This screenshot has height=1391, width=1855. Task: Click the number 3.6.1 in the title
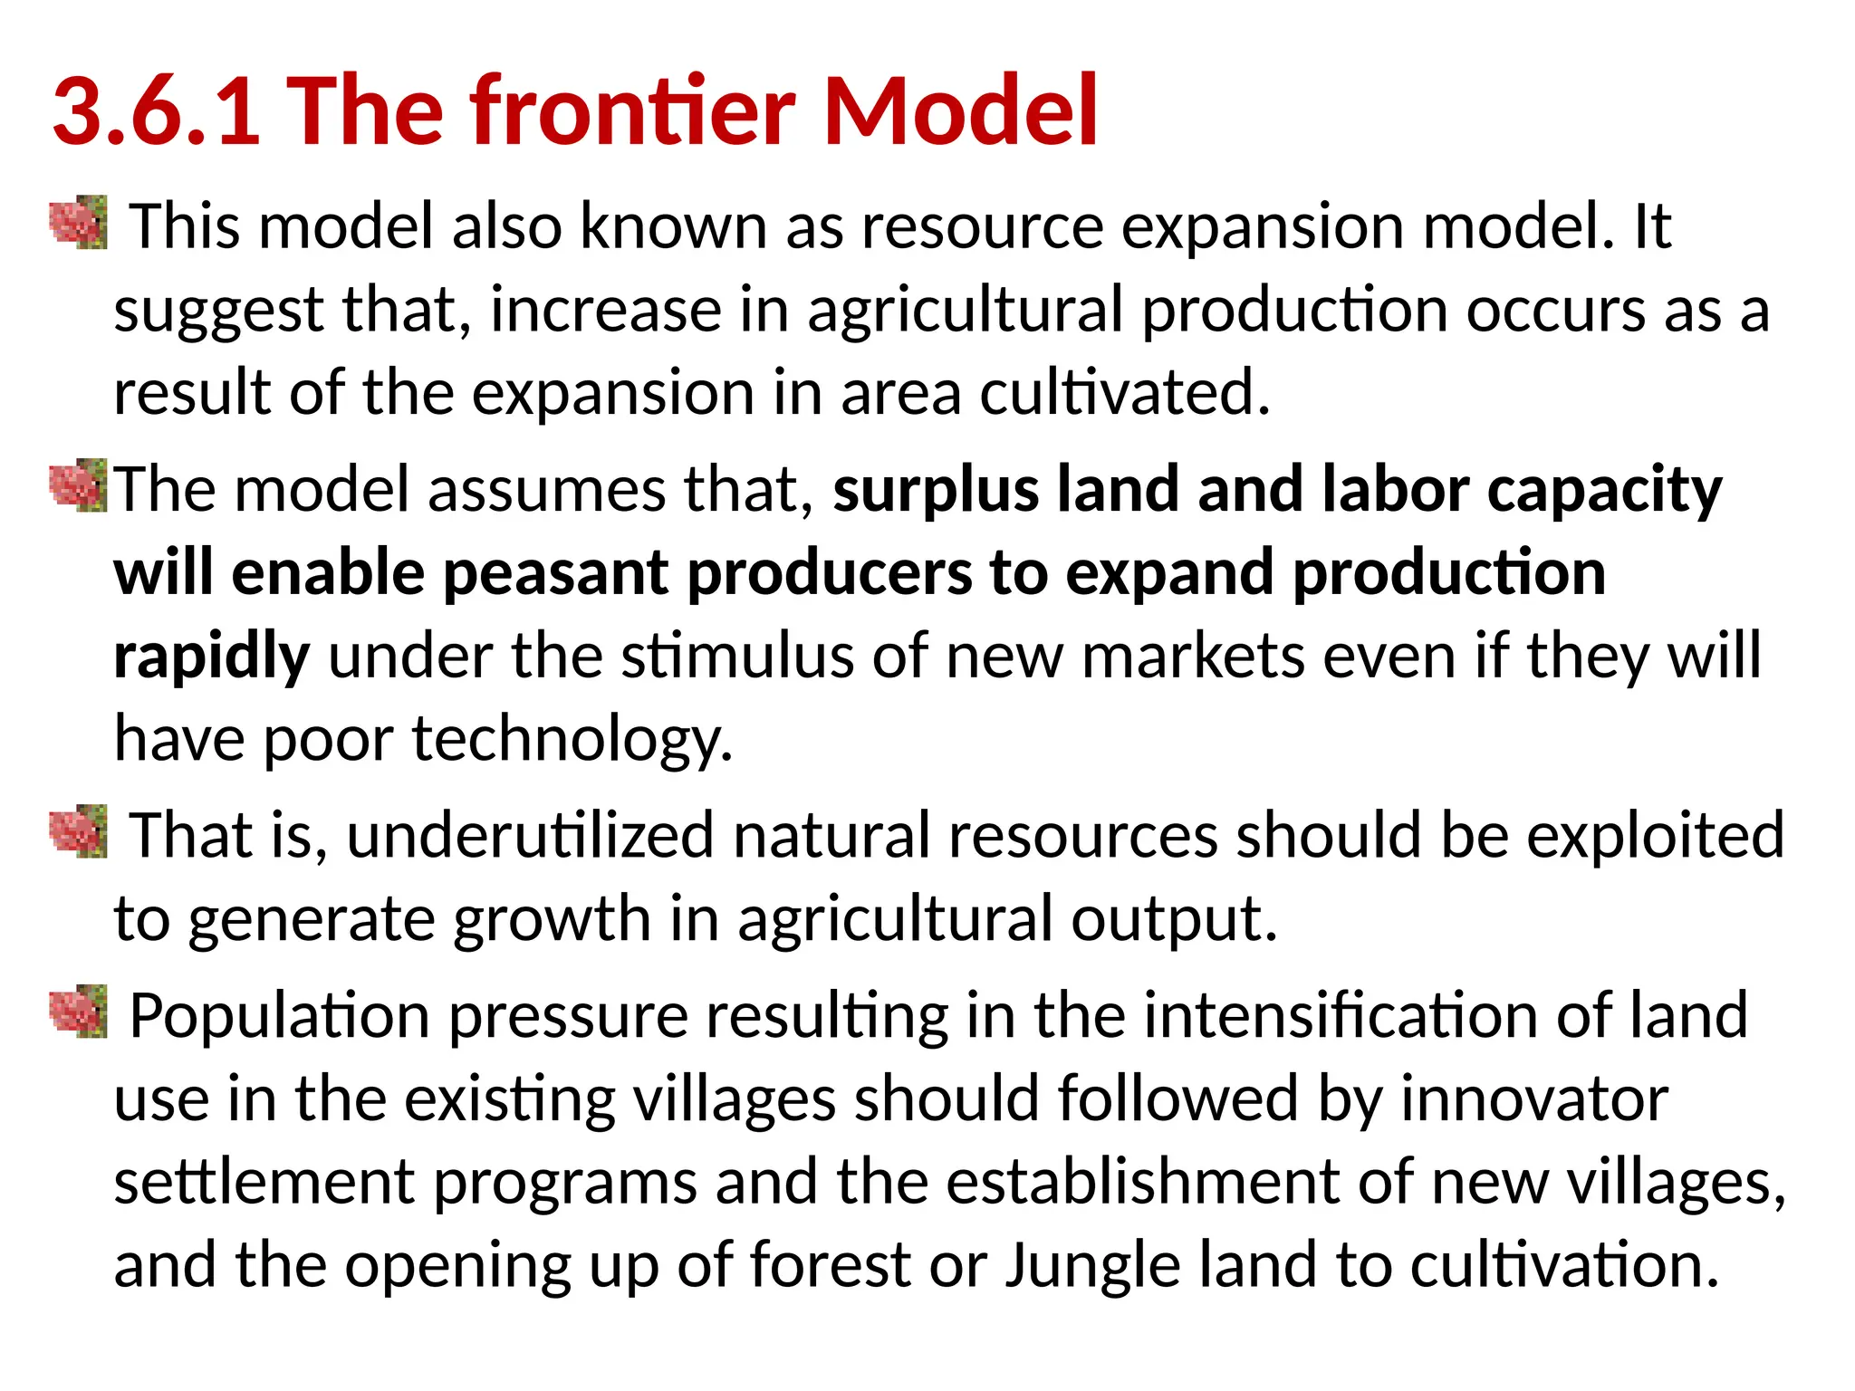(x=157, y=111)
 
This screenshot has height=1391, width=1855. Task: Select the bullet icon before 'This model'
(x=79, y=223)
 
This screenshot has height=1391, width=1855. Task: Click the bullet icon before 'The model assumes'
(x=79, y=486)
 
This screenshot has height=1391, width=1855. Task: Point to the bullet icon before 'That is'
(x=79, y=831)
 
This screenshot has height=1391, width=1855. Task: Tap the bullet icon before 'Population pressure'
(x=79, y=1012)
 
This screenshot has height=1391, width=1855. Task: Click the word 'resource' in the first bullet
(x=983, y=226)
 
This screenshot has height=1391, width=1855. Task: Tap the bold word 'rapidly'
(x=212, y=657)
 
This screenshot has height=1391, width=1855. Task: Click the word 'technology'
(x=572, y=740)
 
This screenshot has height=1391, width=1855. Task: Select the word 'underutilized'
(x=531, y=835)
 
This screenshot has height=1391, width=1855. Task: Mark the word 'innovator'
(x=1533, y=1099)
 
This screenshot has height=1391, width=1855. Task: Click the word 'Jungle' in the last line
(x=1093, y=1266)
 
